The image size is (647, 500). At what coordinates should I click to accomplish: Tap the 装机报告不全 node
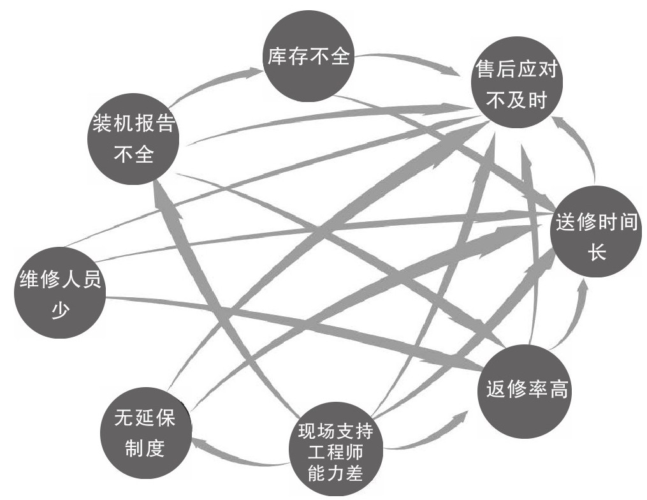(x=133, y=138)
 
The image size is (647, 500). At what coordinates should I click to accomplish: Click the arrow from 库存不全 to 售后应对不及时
(x=408, y=61)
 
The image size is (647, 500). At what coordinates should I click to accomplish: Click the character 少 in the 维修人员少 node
(x=58, y=309)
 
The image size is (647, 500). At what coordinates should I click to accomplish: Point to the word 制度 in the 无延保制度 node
(x=145, y=447)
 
